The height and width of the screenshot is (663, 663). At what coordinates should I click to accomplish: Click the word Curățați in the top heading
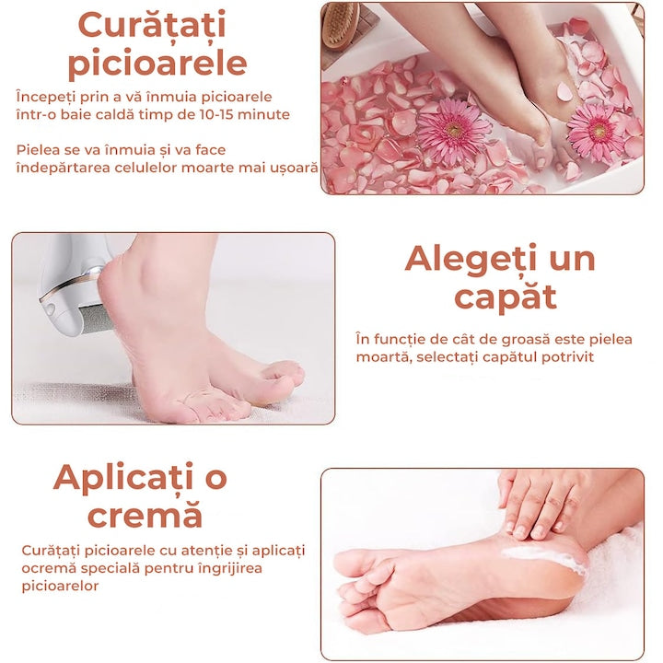(152, 25)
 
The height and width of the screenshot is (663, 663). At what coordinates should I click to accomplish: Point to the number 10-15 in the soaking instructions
(227, 114)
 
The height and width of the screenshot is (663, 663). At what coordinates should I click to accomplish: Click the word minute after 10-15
(268, 114)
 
